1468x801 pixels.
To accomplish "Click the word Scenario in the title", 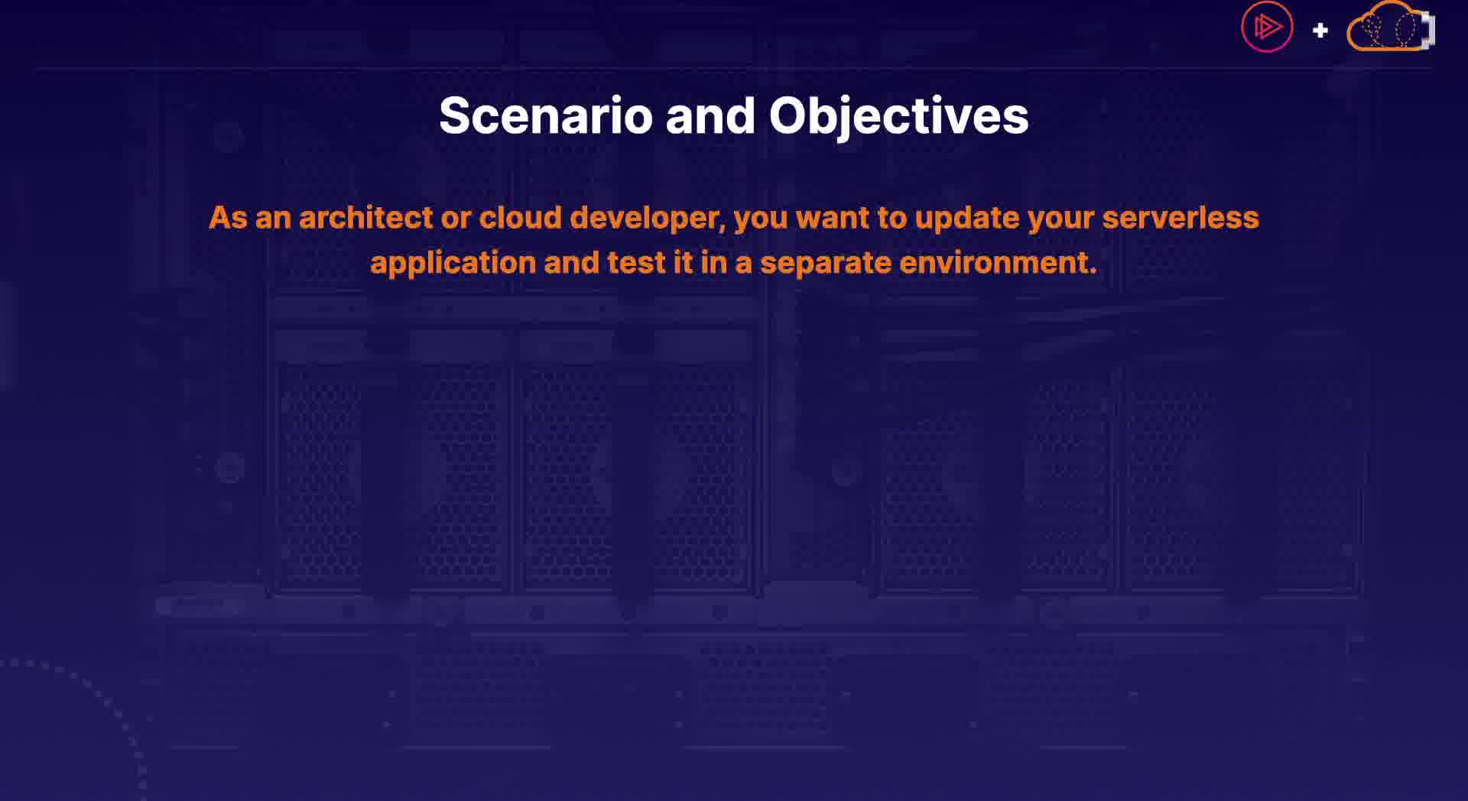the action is (x=545, y=116).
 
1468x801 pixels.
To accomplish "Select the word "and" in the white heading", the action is (x=710, y=116).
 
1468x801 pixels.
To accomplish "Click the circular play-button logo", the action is (x=1267, y=28).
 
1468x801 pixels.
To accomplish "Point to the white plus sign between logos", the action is (x=1320, y=31).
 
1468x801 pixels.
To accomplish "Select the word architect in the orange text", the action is (x=366, y=218).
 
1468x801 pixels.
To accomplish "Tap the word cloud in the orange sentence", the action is (x=520, y=218).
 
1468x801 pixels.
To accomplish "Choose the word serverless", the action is (x=1181, y=218).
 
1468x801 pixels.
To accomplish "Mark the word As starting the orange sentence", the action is (x=228, y=218).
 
